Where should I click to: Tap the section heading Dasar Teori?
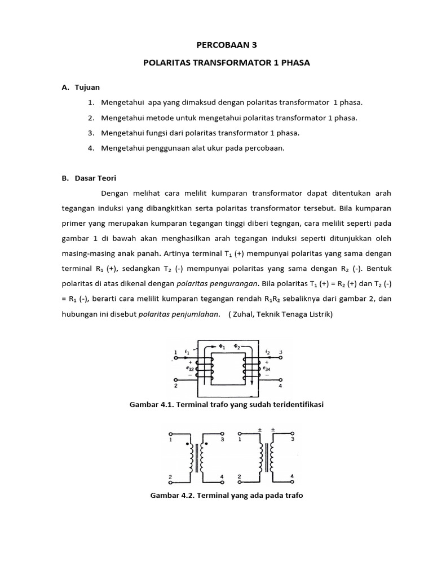coord(95,178)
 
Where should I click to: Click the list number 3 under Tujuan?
coord(90,133)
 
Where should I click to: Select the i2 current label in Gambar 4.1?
coord(268,352)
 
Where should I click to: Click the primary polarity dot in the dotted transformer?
coord(188,444)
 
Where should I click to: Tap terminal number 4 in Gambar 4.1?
coord(281,387)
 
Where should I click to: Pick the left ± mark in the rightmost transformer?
coord(259,430)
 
